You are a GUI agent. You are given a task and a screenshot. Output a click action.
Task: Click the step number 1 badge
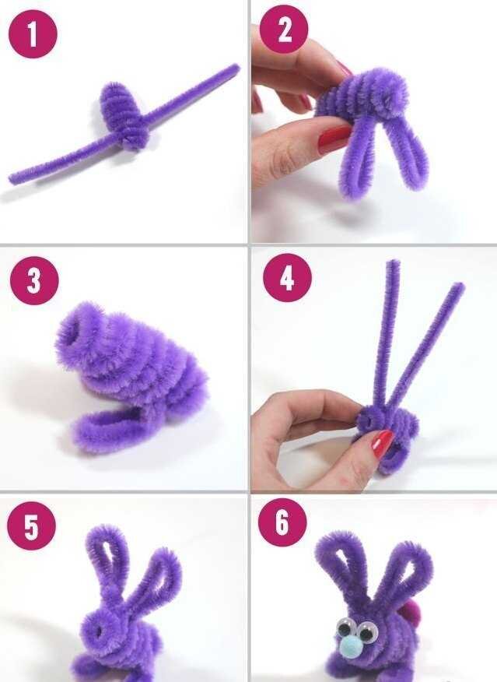33,33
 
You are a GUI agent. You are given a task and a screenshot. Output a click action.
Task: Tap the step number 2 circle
284,30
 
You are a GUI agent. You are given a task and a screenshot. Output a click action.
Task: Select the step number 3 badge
34,280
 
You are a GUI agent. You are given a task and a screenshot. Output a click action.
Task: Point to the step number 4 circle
287,277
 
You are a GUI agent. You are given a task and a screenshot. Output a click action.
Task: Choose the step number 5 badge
31,526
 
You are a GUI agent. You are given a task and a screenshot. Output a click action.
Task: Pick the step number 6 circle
282,522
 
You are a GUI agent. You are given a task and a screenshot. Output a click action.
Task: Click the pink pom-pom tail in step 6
413,614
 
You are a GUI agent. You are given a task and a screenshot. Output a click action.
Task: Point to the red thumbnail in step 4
383,443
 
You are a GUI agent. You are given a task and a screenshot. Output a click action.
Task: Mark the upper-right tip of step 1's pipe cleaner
237,66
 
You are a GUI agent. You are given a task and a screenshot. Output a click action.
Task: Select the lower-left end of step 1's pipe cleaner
12,179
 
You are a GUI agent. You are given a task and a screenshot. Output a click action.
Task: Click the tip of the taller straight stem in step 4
394,262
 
